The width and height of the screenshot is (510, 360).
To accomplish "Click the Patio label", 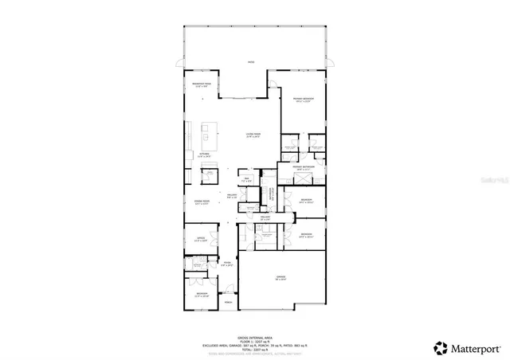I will pos(250,62).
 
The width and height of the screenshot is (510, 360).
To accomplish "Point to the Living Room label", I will pos(254,135).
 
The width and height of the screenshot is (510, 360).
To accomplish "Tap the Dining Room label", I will pos(202,202).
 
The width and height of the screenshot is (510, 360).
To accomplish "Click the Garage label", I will pos(281,278).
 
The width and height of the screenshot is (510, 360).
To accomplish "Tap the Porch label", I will pos(228,303).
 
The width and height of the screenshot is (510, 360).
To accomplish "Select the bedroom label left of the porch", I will pos(202,295).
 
